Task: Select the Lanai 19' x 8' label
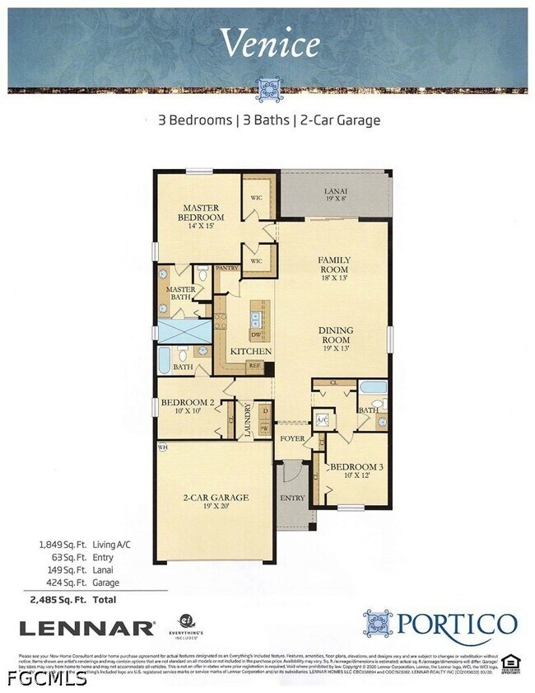coord(336,194)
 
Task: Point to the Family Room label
coord(335,269)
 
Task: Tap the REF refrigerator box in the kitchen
coord(254,364)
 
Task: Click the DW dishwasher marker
coord(257,335)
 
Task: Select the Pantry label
coord(226,269)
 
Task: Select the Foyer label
coord(292,438)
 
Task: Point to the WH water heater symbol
coord(162,447)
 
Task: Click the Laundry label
coord(247,419)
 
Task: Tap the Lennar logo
coord(86,628)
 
